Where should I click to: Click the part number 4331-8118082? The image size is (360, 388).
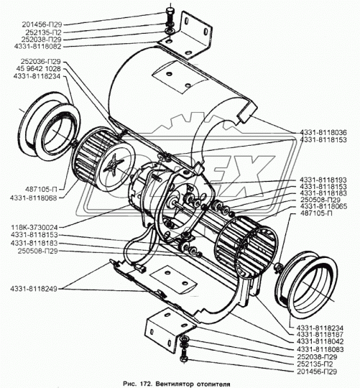pos(37,47)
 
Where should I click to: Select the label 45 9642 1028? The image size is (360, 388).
pos(38,69)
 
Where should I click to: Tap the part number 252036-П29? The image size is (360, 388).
pos(40,61)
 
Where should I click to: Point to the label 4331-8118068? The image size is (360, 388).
pos(34,198)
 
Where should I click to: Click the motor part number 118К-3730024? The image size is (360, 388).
pos(34,227)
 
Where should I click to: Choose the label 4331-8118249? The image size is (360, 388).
pos(34,289)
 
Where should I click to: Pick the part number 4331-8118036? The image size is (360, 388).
pos(323,132)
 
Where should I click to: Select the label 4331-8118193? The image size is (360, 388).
pos(323,180)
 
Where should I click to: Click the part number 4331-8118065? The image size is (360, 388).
pos(323,206)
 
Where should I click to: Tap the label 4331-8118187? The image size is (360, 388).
pos(320,335)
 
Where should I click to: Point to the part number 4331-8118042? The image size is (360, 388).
pos(320,342)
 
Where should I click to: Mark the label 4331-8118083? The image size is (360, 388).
pos(320,349)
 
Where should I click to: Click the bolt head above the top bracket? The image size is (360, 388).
pos(171,11)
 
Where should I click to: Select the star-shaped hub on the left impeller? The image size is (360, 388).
pos(114,164)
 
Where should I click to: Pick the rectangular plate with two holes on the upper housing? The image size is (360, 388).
pos(180,78)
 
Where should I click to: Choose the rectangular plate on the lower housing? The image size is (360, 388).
pos(174,280)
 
